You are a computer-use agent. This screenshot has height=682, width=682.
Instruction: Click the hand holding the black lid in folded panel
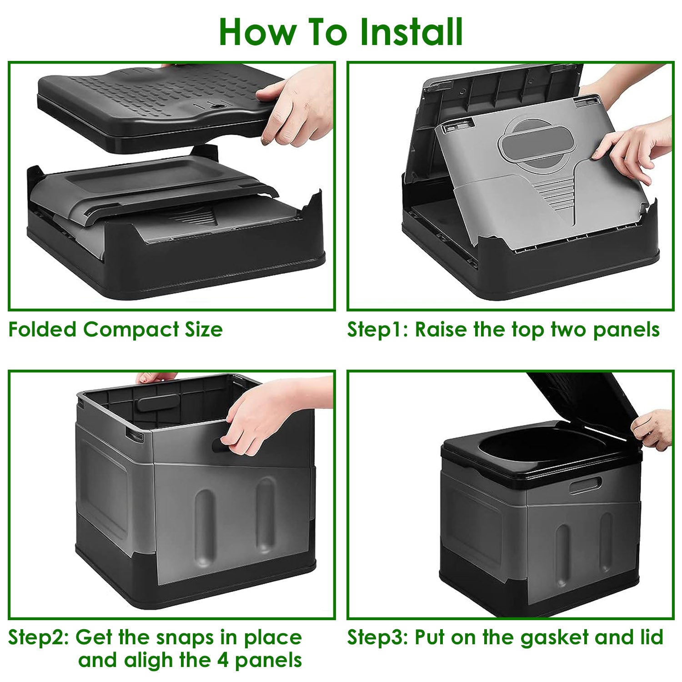(298, 107)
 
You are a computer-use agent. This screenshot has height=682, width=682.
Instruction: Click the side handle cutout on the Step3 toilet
(586, 485)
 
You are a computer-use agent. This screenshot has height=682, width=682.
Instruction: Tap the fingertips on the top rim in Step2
(155, 377)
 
